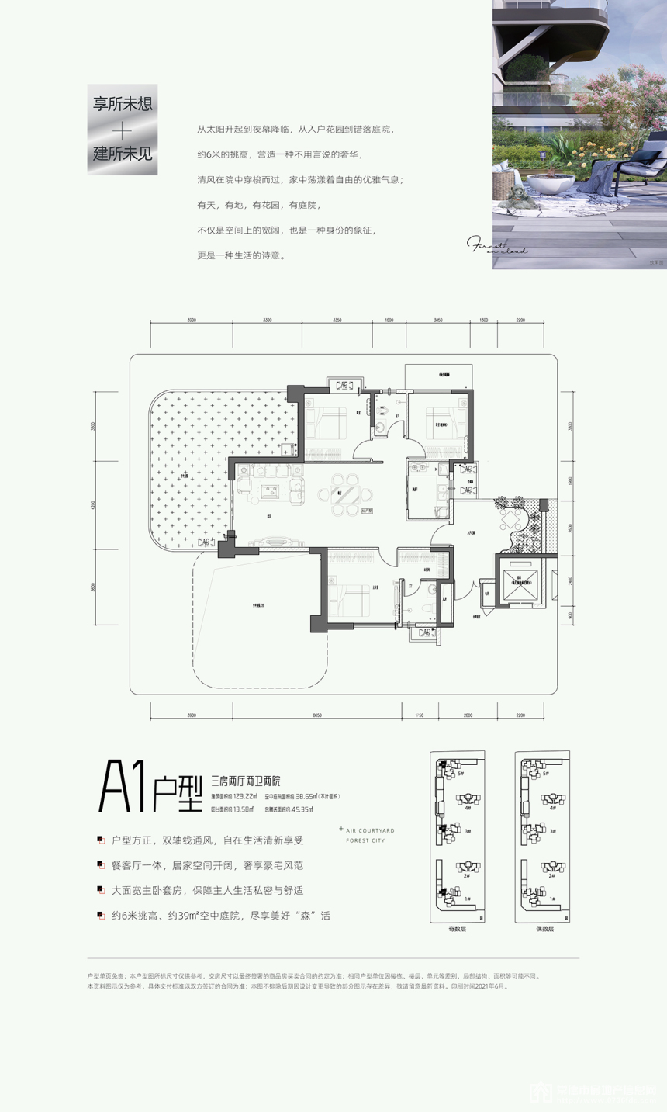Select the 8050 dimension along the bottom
(x=316, y=715)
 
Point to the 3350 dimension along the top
(x=337, y=320)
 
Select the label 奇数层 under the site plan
(x=458, y=928)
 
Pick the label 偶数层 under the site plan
(x=542, y=928)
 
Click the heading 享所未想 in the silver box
(x=123, y=105)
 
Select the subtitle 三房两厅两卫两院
(x=246, y=781)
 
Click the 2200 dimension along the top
(x=520, y=320)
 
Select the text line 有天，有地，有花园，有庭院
(x=258, y=205)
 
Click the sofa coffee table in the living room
(x=272, y=489)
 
